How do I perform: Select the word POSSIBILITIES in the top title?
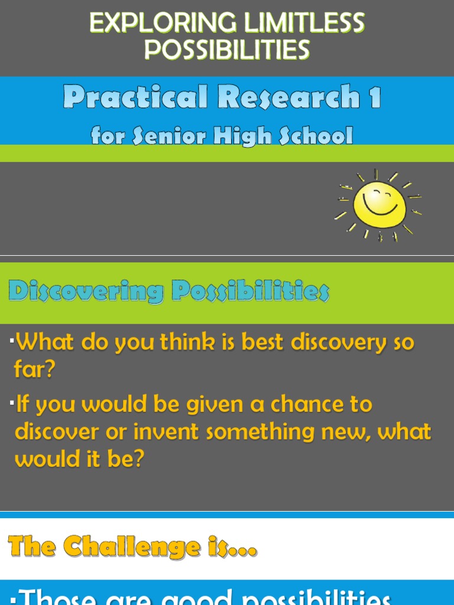tap(227, 50)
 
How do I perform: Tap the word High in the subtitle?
tap(236, 136)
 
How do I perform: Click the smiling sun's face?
tap(380, 204)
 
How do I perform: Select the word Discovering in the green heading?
tap(86, 292)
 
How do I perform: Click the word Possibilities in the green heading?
tap(250, 292)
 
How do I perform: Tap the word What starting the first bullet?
tap(42, 343)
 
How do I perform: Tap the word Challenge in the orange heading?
tap(131, 547)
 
